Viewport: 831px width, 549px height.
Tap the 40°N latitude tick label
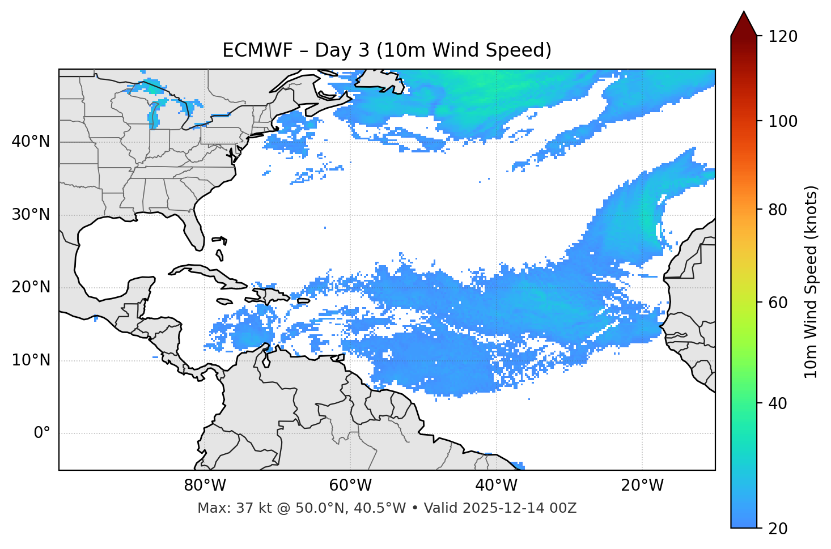(x=31, y=142)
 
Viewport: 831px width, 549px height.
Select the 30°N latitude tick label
(x=31, y=215)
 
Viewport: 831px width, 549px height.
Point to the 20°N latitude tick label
(x=31, y=287)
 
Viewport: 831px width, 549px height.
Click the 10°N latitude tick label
(x=31, y=360)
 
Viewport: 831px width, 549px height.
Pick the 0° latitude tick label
(x=42, y=433)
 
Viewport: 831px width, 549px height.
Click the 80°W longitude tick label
(x=205, y=486)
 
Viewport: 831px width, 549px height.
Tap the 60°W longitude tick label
(x=350, y=486)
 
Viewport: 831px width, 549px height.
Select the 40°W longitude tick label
(x=496, y=486)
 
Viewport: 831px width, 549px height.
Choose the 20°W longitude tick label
(x=642, y=486)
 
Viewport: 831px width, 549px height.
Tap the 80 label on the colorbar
(x=779, y=210)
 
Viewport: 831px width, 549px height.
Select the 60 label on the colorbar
(x=779, y=303)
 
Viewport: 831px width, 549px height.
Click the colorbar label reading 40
(x=779, y=403)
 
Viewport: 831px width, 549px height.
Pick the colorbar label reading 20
(x=779, y=529)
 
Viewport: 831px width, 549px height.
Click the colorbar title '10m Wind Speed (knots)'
(x=811, y=282)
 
